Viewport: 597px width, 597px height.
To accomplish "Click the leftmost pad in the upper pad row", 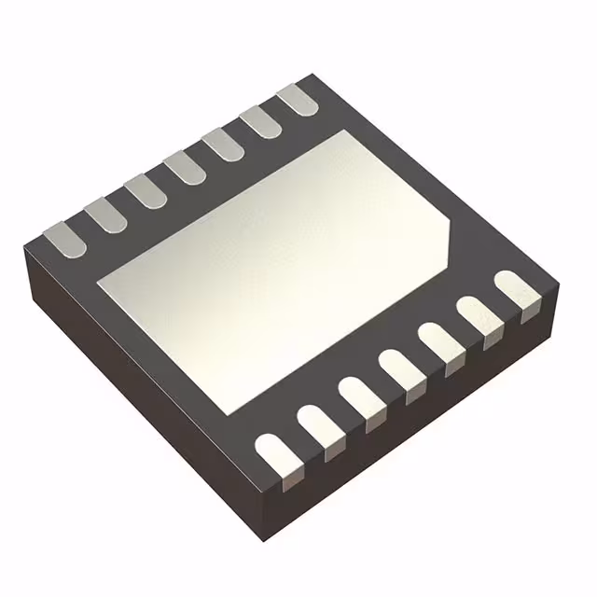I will [66, 238].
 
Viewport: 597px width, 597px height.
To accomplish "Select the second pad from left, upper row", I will [105, 215].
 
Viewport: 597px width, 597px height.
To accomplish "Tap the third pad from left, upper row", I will [145, 190].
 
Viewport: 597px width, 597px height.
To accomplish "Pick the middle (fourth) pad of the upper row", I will [184, 167].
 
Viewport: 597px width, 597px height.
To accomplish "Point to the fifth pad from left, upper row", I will [222, 144].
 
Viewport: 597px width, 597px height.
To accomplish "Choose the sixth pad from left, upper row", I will [260, 121].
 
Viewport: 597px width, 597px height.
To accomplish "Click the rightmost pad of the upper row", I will [298, 99].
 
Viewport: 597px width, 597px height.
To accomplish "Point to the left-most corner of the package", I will [25, 244].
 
